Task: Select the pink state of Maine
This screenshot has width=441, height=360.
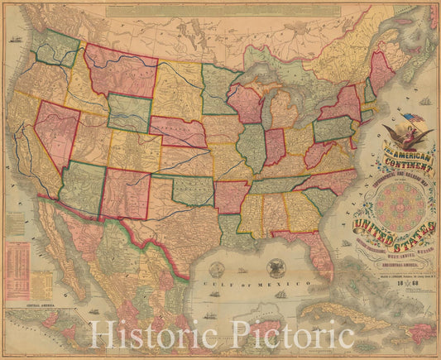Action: pyautogui.click(x=381, y=71)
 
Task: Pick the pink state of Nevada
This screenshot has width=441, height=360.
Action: pyautogui.click(x=55, y=132)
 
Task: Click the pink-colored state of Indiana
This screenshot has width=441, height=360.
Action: pyautogui.click(x=275, y=146)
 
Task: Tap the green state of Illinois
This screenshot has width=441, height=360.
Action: pyautogui.click(x=252, y=150)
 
